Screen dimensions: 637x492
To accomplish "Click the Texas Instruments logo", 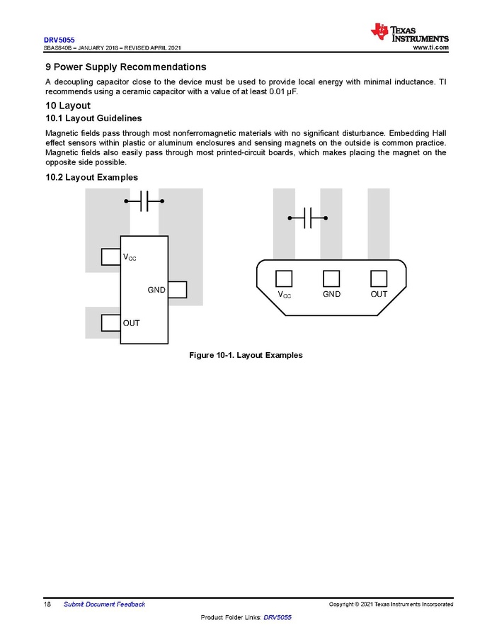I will pos(409,33).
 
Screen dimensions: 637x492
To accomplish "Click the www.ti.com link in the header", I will pos(430,47).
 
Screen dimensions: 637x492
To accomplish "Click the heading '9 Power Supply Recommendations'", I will pos(125,67).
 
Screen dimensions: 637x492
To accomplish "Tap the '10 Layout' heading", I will pos(67,106).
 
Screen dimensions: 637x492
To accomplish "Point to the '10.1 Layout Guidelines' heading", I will pos(93,118).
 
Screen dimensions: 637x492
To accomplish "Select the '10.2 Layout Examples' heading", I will pos(91,177).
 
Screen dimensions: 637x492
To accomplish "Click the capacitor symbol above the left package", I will pos(144,201).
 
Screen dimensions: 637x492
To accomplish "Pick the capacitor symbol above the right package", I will pos(308,218).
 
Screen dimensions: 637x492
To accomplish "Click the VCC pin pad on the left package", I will pos(110,257).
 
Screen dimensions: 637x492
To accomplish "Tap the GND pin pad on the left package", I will pos(177,290).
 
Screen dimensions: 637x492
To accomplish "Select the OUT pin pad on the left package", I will pos(110,322).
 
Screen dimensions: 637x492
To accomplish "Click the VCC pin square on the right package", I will pos(284,278).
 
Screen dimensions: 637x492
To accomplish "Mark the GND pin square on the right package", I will pos(331,278).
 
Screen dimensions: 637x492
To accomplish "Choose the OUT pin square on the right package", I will pos(379,278).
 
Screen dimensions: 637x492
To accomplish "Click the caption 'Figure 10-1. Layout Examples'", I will pos(246,355).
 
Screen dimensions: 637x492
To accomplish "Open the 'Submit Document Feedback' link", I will pos(104,604).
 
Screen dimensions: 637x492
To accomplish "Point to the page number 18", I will pos(49,604).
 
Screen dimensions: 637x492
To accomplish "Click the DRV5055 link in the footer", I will pos(278,618).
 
